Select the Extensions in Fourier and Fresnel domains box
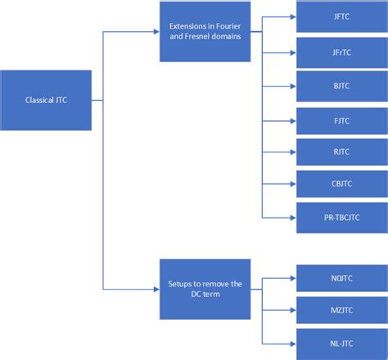[205, 32]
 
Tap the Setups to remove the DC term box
[205, 289]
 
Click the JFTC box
[341, 16]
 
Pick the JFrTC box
[341, 52]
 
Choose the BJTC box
[341, 86]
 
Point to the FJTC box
[341, 121]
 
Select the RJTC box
[341, 152]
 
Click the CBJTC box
[341, 185]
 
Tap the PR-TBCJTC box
[341, 217]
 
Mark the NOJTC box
[341, 278]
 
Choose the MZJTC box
[341, 311]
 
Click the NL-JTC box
[341, 344]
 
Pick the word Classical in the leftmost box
[38, 101]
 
